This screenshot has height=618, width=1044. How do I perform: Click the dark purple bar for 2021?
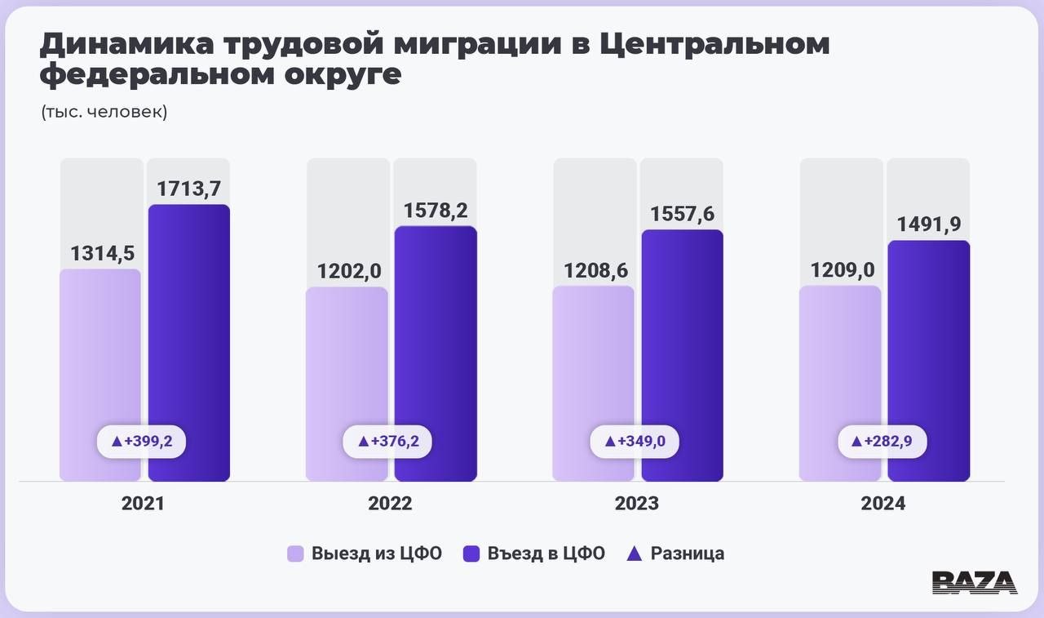tap(188, 327)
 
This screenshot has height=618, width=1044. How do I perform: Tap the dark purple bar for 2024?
tap(928, 343)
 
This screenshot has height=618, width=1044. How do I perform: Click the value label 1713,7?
tap(188, 189)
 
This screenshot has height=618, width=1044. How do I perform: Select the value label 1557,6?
tap(681, 214)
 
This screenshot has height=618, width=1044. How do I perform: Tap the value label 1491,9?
tap(928, 225)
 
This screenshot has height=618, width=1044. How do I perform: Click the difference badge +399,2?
tap(142, 441)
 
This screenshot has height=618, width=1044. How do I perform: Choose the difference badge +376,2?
tap(388, 441)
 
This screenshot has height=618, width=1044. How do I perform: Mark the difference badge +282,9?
tap(883, 441)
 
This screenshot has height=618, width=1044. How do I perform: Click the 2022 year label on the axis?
tap(390, 504)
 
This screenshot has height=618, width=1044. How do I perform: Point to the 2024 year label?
tap(883, 504)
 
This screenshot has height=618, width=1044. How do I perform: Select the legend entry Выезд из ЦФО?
tap(365, 554)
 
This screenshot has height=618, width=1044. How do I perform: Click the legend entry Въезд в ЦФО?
tap(534, 554)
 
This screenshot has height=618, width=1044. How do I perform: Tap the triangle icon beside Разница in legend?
tap(635, 554)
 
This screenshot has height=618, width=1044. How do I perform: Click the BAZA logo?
tap(974, 581)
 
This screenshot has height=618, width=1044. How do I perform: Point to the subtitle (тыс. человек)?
tap(104, 112)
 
